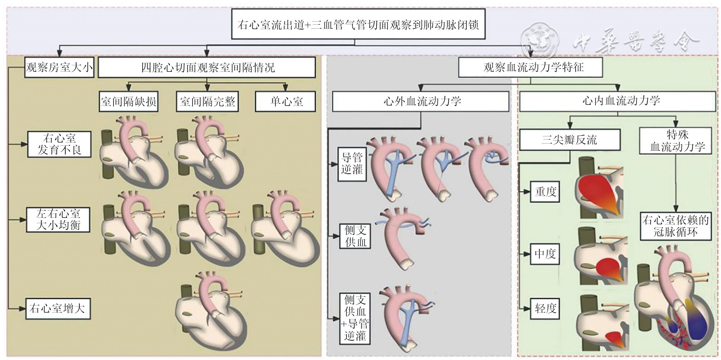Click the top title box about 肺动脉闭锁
coord(358,24)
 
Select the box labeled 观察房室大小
coord(59,67)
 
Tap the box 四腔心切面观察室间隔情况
coord(207,67)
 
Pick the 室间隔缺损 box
coord(129,102)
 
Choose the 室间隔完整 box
coord(208,102)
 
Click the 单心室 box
coord(285,102)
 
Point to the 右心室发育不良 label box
coord(59,144)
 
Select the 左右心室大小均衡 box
coord(58,219)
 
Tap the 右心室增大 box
coord(58,308)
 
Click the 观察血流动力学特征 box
coord(530,67)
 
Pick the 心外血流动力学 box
coord(420,101)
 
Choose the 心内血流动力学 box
coord(617,101)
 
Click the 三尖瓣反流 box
coord(570,140)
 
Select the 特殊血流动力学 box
coord(675,141)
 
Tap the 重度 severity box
coord(545,191)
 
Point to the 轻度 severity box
coord(545,308)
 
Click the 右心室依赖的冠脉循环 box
coord(675,226)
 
